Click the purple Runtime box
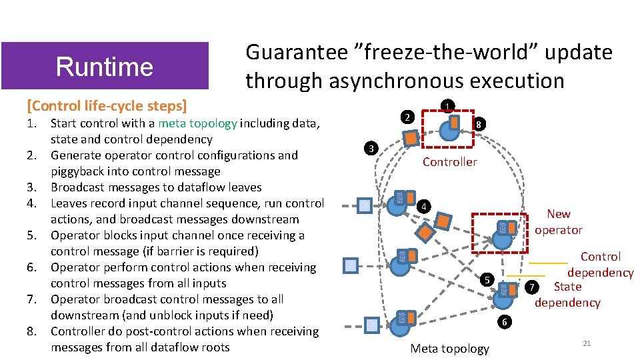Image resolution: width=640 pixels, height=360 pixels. (x=105, y=66)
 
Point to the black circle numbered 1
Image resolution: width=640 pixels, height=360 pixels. (x=449, y=105)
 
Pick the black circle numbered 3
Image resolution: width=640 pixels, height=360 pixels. (x=373, y=147)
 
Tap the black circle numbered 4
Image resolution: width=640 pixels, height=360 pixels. (x=421, y=206)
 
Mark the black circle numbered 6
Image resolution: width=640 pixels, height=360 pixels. (x=505, y=321)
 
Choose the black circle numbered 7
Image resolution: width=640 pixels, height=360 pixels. (x=531, y=287)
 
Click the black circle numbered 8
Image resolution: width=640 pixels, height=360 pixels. (x=479, y=124)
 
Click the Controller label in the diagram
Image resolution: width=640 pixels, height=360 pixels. (x=449, y=162)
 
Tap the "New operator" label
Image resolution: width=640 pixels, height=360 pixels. (x=558, y=222)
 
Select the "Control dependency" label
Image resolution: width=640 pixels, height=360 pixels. (x=600, y=265)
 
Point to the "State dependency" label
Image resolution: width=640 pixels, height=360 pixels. (x=567, y=295)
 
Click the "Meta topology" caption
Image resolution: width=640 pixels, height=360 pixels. (x=449, y=348)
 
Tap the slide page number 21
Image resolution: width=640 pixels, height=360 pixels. (x=587, y=343)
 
